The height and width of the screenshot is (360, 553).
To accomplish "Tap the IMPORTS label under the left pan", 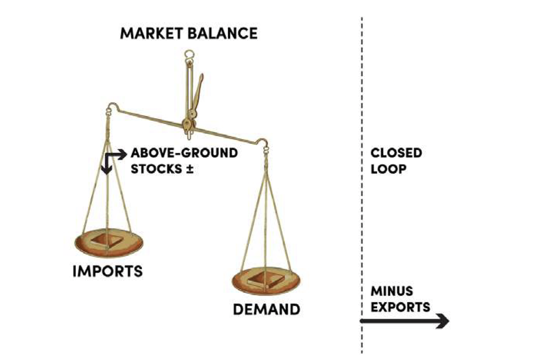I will pos(108,271).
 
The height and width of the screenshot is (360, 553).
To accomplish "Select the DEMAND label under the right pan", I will pos(266,309).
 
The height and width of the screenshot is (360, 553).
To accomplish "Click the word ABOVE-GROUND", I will pos(184,153).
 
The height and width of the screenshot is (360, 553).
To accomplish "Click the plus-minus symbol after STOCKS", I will pos(190,169).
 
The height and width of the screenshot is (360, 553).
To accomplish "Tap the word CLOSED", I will pos(396,153).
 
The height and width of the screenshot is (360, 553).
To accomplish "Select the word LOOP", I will pos(388,169).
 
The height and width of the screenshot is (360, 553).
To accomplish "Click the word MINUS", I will pos(391,291).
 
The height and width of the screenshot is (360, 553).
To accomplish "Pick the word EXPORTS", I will pos(400,307).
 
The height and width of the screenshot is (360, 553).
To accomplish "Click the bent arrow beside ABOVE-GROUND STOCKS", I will pos(113,159).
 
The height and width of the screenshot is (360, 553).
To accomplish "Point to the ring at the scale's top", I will pos(188,54).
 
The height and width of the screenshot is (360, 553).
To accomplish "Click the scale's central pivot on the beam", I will pos(188,124).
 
